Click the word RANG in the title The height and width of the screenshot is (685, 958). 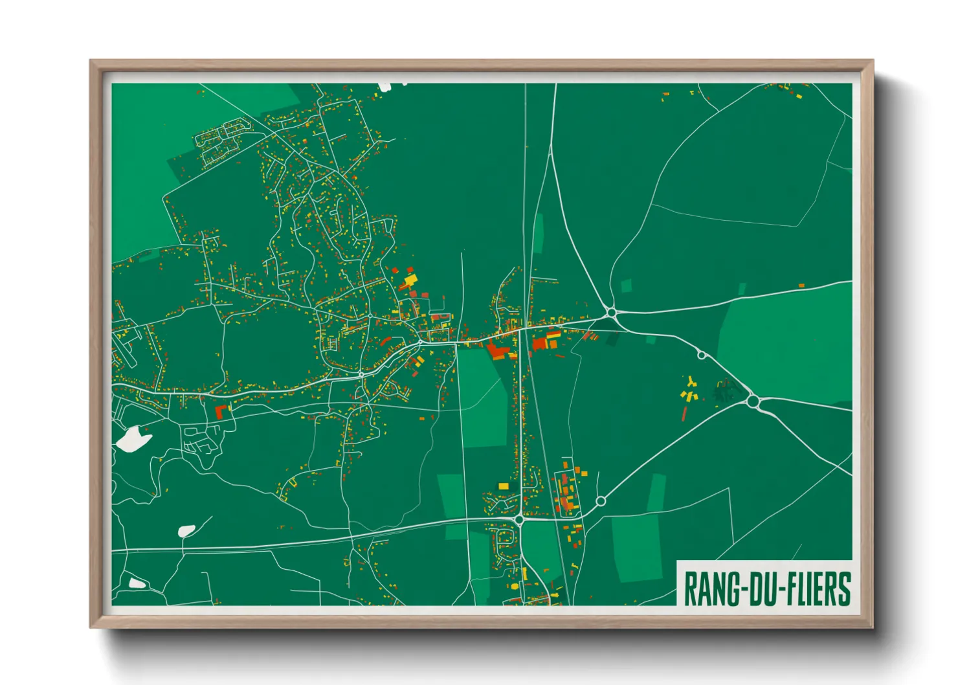711,589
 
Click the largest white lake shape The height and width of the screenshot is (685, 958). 133,439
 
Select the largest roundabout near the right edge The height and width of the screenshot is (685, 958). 752,401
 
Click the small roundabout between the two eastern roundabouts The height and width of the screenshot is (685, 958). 701,355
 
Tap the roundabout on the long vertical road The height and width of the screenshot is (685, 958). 519,519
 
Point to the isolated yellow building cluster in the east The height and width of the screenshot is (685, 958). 689,390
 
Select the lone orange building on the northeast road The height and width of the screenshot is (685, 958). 801,286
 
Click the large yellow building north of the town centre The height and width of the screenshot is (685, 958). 410,280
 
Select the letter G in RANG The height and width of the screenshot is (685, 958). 730,589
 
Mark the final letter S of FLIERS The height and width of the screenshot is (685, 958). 844,589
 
